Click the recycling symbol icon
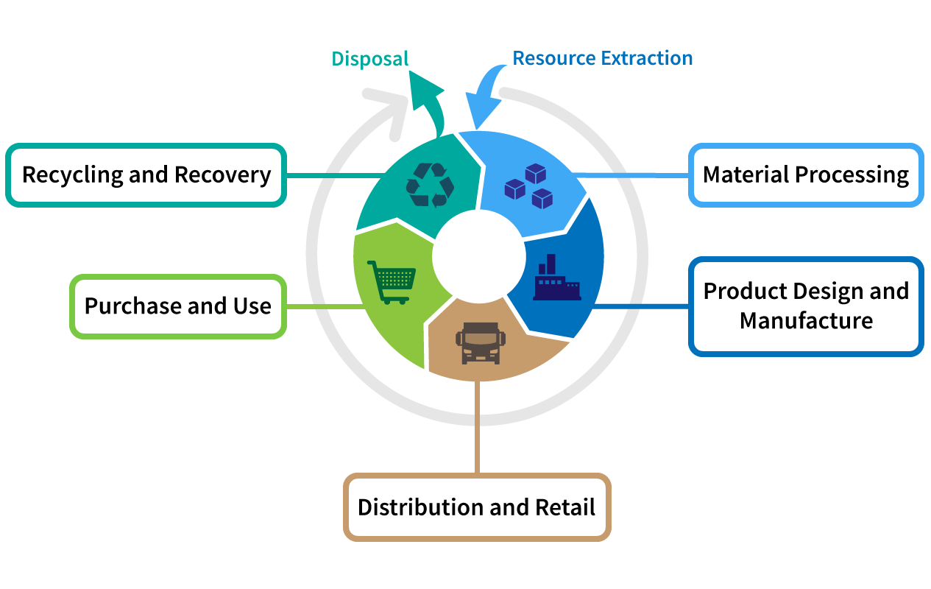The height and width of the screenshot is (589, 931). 430,184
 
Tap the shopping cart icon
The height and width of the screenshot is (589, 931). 392,281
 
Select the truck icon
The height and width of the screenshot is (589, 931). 479,342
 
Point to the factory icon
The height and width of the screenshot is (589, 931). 556,279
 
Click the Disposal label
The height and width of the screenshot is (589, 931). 369,59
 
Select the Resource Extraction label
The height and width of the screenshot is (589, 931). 602,58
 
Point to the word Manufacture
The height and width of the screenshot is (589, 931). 806,321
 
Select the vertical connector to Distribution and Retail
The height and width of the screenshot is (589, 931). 478,427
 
